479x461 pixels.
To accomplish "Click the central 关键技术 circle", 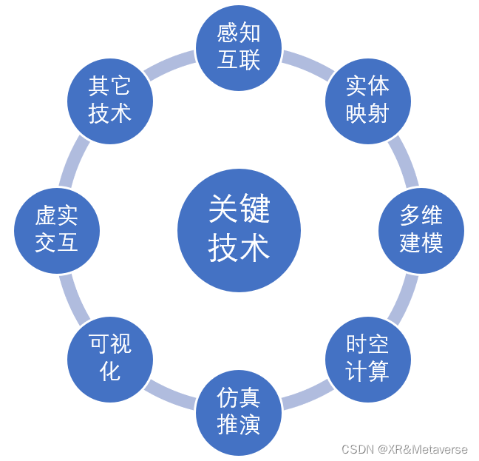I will tap(239, 230).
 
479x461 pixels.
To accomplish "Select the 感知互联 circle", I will tap(239, 46).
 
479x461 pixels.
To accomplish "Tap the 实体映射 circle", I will tap(367, 98).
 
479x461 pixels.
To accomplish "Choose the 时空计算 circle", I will tap(367, 358).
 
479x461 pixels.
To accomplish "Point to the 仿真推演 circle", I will tap(239, 412).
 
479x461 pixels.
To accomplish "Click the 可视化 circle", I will tap(110, 358).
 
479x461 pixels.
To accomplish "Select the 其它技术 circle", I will tap(110, 99).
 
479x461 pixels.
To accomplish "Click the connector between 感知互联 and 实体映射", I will tap(305, 62).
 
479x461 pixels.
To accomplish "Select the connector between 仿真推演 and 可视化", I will tap(172, 396).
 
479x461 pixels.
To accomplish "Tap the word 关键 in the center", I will tap(239, 210).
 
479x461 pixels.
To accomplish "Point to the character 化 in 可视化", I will tap(110, 370).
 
